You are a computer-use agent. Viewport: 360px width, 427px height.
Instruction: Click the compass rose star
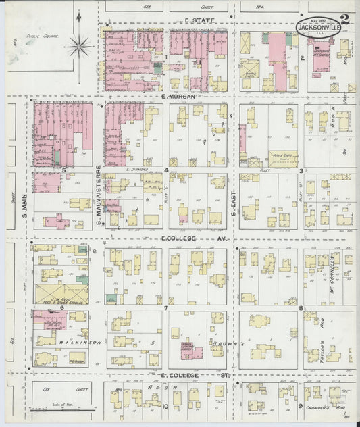coord(79,46)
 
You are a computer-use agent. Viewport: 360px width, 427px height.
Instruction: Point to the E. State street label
coord(199,22)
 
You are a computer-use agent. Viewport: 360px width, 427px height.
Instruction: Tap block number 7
coord(165,308)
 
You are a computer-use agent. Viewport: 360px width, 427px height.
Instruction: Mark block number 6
coord(61,307)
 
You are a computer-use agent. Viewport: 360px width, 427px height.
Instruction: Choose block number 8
coord(300,308)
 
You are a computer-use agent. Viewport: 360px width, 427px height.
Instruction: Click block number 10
coord(165,407)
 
